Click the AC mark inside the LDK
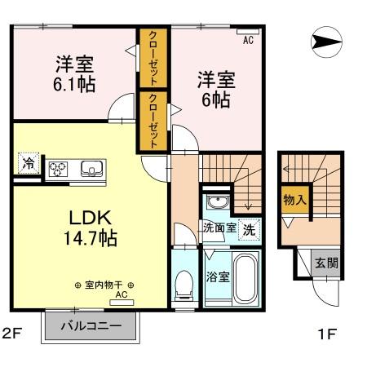(x=121, y=294)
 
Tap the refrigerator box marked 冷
(x=28, y=162)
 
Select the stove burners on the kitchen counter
(x=60, y=170)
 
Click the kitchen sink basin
(x=90, y=170)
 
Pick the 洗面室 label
(x=220, y=228)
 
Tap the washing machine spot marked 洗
(x=250, y=229)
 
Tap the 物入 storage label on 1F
(x=294, y=199)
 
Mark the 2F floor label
(x=11, y=334)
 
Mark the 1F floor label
(x=325, y=334)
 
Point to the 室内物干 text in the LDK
(x=104, y=285)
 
